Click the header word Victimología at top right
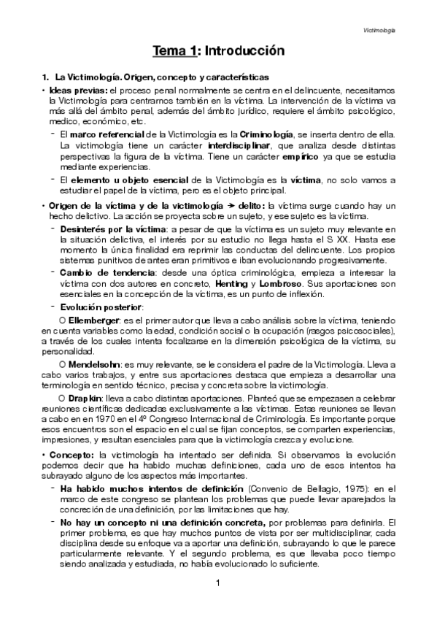[380, 31]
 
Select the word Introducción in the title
[244, 51]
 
